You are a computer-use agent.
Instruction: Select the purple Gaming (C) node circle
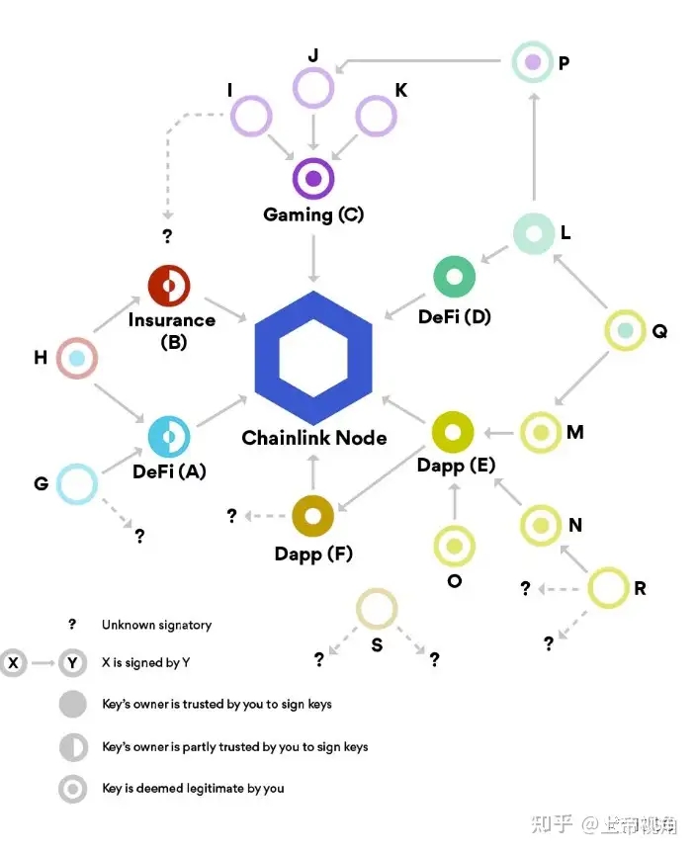(313, 179)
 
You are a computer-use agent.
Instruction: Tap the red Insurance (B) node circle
(168, 287)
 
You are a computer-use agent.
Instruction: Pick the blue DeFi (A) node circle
(168, 436)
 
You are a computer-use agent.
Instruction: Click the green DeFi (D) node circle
(455, 277)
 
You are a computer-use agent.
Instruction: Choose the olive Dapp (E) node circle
(454, 432)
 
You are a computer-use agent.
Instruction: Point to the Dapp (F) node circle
(313, 515)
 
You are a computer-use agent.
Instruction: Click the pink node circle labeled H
(77, 358)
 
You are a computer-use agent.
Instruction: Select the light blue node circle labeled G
(77, 484)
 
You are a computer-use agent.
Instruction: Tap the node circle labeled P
(534, 62)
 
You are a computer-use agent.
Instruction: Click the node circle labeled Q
(625, 330)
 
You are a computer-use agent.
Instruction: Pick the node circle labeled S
(377, 609)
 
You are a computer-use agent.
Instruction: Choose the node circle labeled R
(608, 588)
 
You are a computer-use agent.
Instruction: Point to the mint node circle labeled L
(534, 234)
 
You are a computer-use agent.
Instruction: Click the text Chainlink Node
(314, 438)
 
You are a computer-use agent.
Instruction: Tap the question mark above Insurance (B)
(167, 236)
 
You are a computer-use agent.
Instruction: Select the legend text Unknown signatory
(156, 625)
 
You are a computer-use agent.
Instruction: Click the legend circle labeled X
(14, 663)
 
